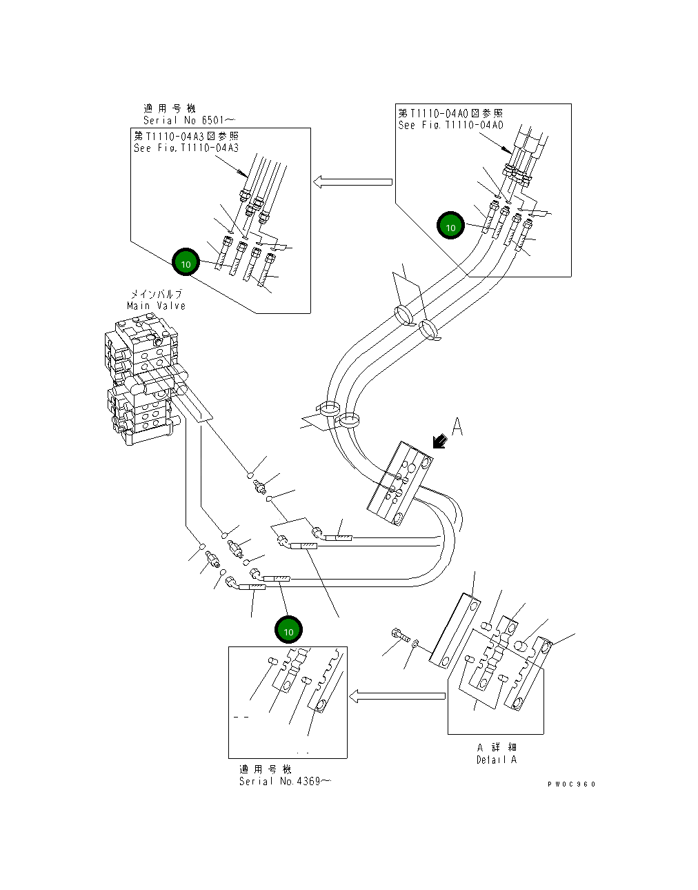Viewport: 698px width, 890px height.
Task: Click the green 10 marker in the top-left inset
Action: pyautogui.click(x=186, y=264)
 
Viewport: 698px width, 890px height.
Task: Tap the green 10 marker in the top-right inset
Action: pyautogui.click(x=450, y=227)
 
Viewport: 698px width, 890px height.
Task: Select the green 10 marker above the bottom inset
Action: pyautogui.click(x=288, y=631)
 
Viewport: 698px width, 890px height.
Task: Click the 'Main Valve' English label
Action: pyautogui.click(x=156, y=306)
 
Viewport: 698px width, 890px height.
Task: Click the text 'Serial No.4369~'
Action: pyautogui.click(x=284, y=781)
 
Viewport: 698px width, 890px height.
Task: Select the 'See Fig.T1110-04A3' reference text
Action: pyautogui.click(x=186, y=148)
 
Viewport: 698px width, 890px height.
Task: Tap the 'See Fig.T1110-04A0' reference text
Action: pyautogui.click(x=450, y=125)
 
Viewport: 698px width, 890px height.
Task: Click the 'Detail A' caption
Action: pyautogui.click(x=496, y=760)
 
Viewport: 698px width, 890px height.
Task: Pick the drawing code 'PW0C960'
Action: pyautogui.click(x=571, y=784)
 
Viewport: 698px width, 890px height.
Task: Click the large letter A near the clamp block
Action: pyautogui.click(x=457, y=428)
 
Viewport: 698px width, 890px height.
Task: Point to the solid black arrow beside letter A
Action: pyautogui.click(x=437, y=442)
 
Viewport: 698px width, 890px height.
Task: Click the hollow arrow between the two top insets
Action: pyautogui.click(x=352, y=182)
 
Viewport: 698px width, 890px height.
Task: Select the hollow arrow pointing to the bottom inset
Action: pyautogui.click(x=397, y=696)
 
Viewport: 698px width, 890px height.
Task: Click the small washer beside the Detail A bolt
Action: pyautogui.click(x=414, y=644)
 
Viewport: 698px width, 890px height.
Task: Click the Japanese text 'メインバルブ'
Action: pyautogui.click(x=157, y=294)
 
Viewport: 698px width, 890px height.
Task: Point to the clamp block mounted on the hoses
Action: pyautogui.click(x=400, y=483)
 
